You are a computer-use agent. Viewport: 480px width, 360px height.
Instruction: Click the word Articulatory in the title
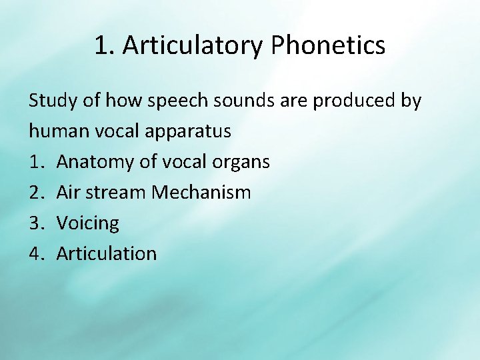pyautogui.click(x=193, y=46)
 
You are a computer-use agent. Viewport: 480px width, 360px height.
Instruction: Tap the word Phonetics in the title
pyautogui.click(x=329, y=46)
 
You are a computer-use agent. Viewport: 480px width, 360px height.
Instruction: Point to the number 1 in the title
pyautogui.click(x=101, y=46)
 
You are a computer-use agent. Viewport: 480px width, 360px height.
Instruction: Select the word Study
pyautogui.click(x=52, y=101)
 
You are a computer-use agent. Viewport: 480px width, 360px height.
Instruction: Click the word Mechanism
pyautogui.click(x=201, y=193)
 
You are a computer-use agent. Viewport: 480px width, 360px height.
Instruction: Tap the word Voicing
pyautogui.click(x=88, y=223)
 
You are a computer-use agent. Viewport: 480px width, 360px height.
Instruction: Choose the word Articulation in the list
pyautogui.click(x=107, y=253)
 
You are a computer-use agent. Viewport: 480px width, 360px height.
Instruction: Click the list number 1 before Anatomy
pyautogui.click(x=35, y=162)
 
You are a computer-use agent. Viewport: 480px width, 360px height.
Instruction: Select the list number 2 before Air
pyautogui.click(x=35, y=193)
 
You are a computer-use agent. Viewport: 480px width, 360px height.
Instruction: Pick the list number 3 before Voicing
pyautogui.click(x=35, y=223)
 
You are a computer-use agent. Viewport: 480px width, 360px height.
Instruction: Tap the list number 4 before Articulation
pyautogui.click(x=35, y=253)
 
